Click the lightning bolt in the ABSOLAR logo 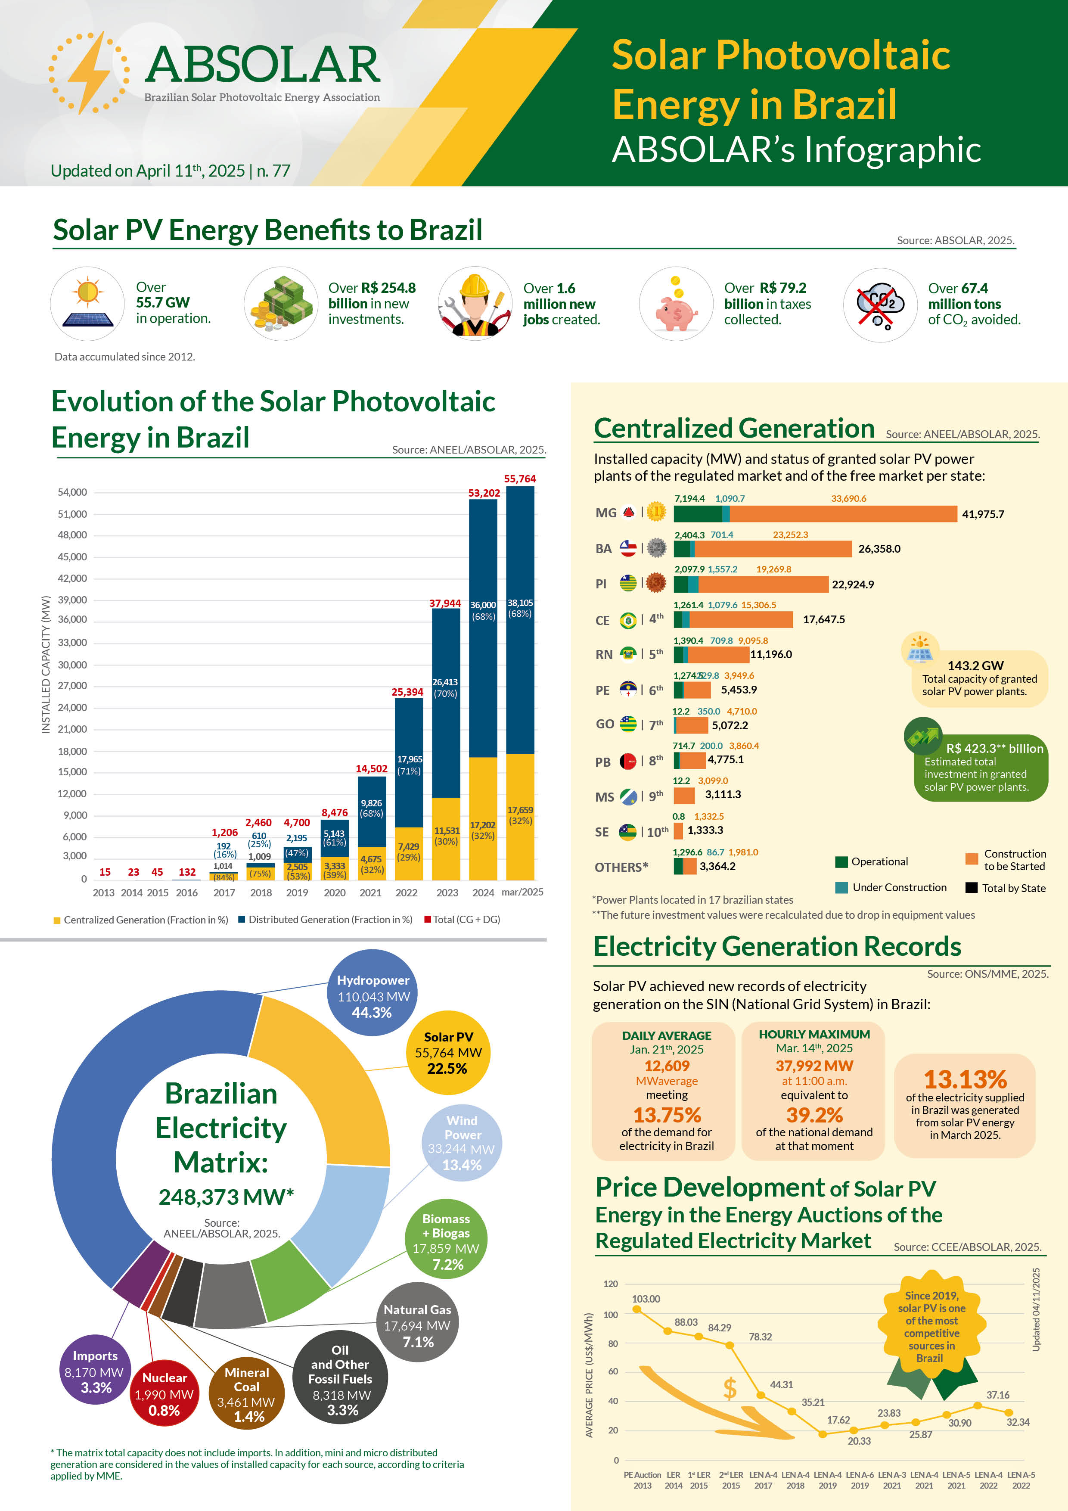pyautogui.click(x=89, y=72)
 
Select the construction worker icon pyautogui.click(x=475, y=305)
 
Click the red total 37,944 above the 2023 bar pyautogui.click(x=445, y=603)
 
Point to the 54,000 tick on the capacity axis pyautogui.click(x=72, y=492)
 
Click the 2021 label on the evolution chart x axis pyautogui.click(x=370, y=892)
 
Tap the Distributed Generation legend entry pyautogui.click(x=326, y=919)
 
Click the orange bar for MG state pyautogui.click(x=843, y=514)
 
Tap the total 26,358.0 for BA pyautogui.click(x=879, y=549)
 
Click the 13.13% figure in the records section pyautogui.click(x=965, y=1079)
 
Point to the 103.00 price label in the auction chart pyautogui.click(x=646, y=1298)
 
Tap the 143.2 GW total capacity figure pyautogui.click(x=975, y=665)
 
